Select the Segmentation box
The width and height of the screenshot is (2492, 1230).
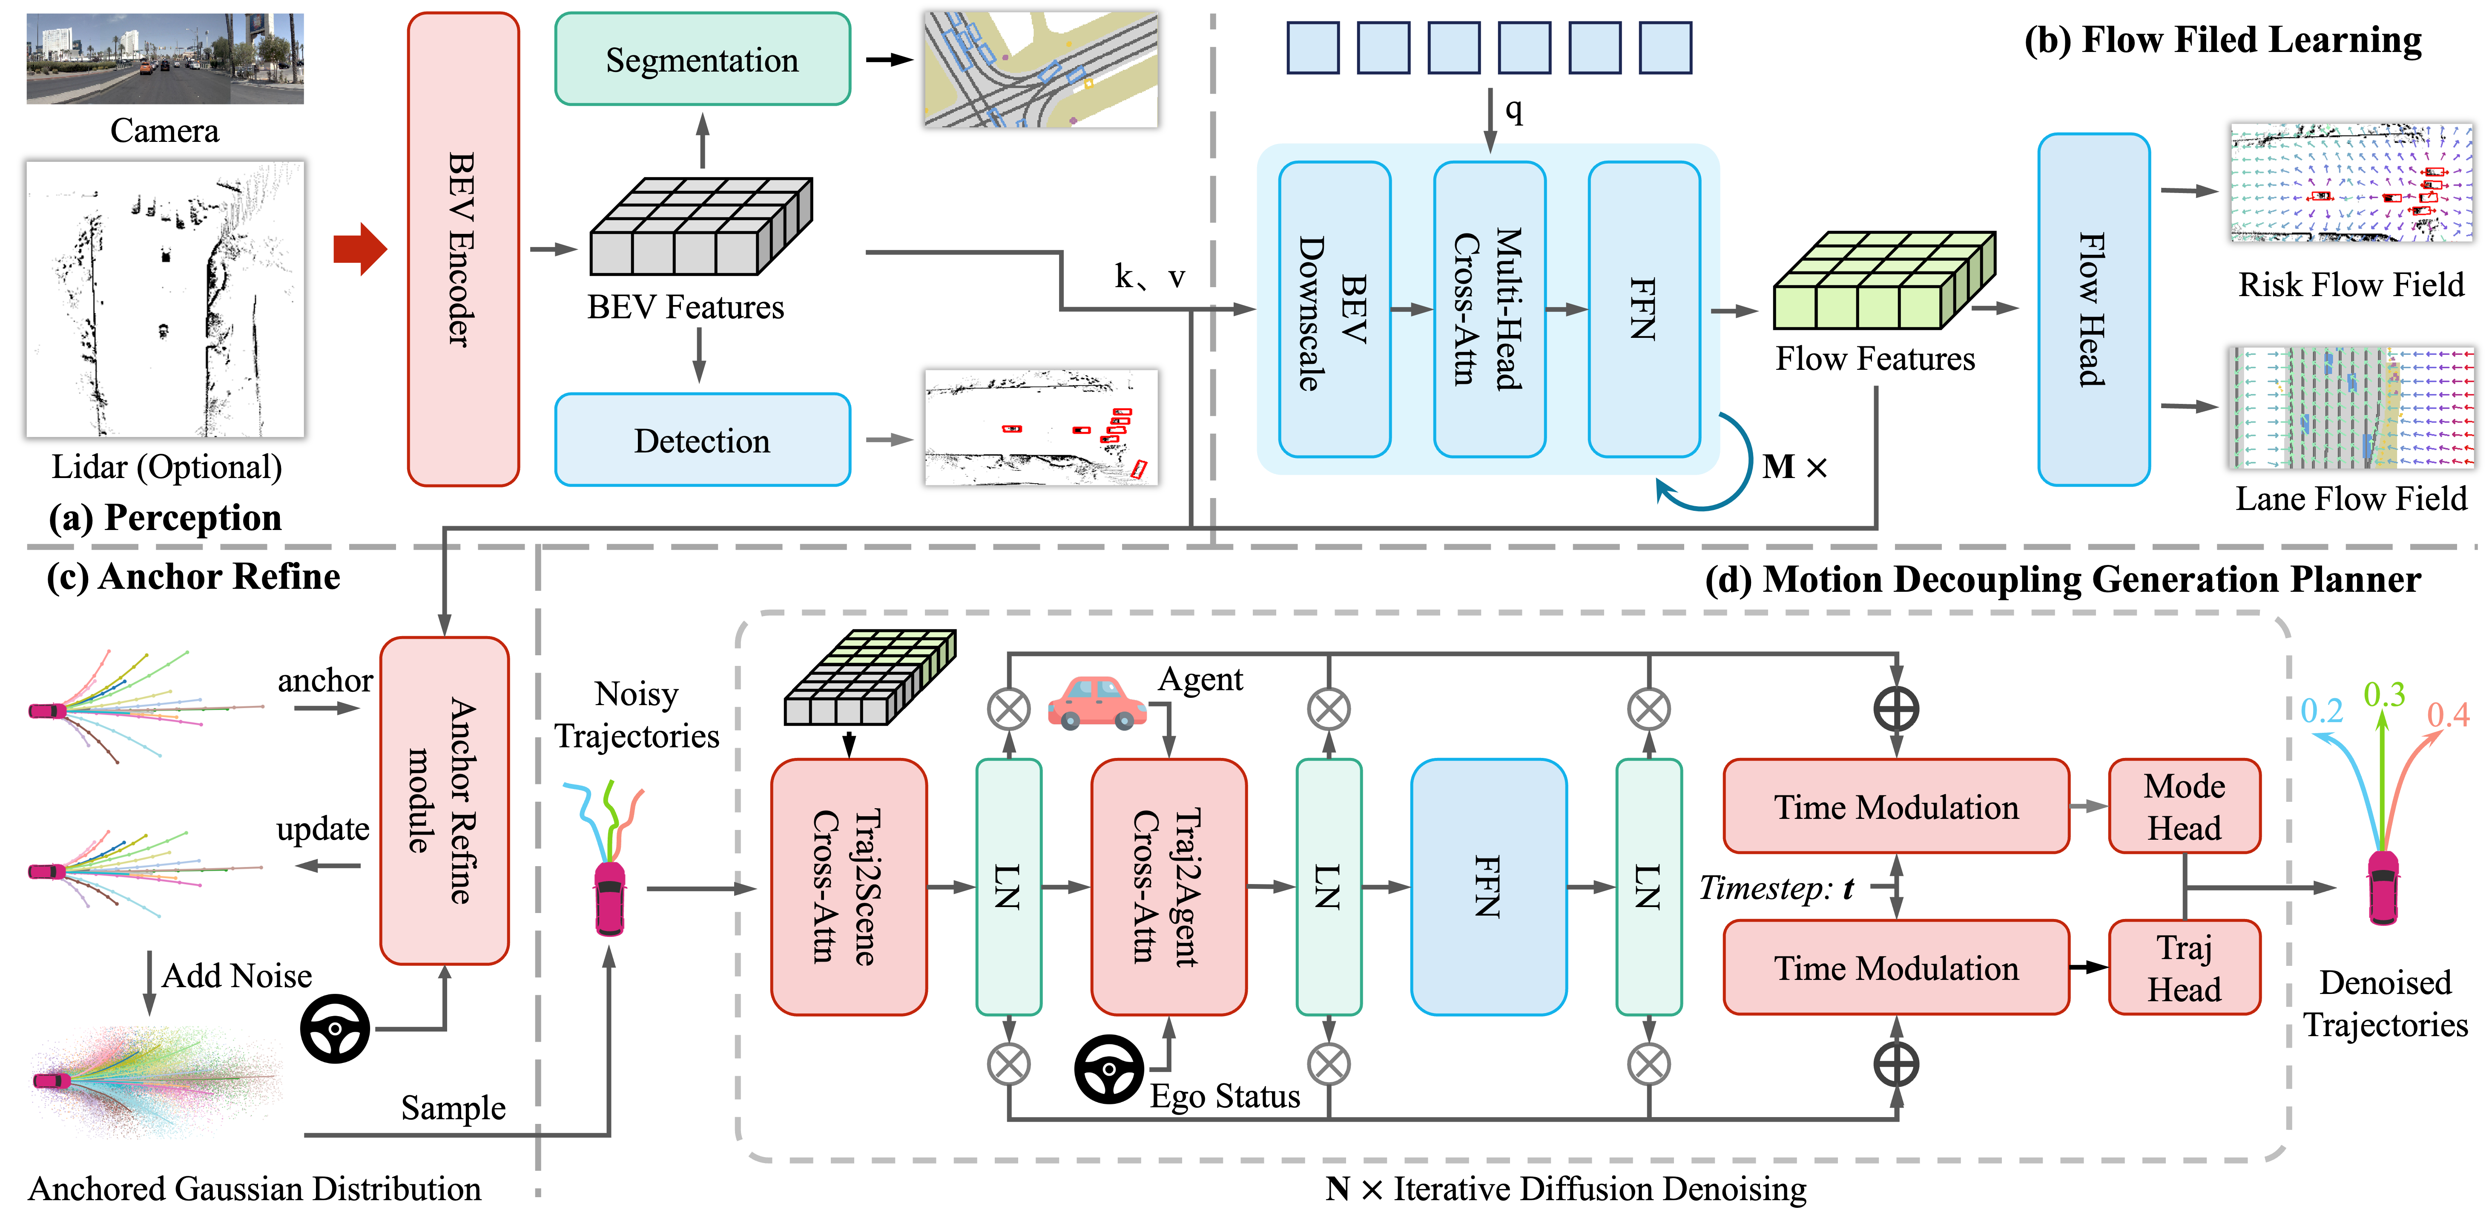pyautogui.click(x=702, y=59)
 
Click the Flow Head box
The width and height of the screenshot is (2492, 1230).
pyautogui.click(x=2093, y=310)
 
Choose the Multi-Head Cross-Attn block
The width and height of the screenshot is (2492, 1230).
pyautogui.click(x=1490, y=310)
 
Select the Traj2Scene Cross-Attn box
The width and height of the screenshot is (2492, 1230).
pyautogui.click(x=848, y=887)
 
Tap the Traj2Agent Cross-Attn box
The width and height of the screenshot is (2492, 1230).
pyautogui.click(x=1168, y=887)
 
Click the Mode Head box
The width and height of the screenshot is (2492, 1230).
pyautogui.click(x=2185, y=806)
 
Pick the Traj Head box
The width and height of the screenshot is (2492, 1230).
pyautogui.click(x=2185, y=968)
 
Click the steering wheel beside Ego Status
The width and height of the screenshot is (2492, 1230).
pyautogui.click(x=1108, y=1069)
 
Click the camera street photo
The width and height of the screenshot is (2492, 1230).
pyautogui.click(x=164, y=58)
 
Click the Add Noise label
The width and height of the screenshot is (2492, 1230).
pyautogui.click(x=237, y=976)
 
